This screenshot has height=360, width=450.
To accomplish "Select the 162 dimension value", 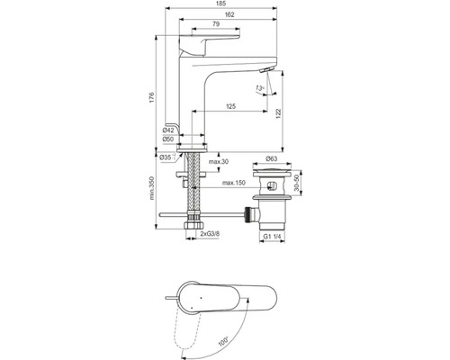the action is pos(229,14).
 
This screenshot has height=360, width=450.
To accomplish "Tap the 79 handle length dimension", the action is pos(216,24).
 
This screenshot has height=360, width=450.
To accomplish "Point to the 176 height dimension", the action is pos(151,98).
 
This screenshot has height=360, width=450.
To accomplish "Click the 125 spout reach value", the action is pos(231,106).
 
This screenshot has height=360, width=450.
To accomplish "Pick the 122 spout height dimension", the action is pos(278,113).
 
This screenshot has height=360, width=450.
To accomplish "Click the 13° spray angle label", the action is pos(259,88).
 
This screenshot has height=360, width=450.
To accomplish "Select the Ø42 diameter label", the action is pos(168,130).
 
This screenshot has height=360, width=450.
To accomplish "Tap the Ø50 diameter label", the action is pos(168,139).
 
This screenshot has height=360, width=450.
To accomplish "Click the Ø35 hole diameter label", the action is pos(166,157).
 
